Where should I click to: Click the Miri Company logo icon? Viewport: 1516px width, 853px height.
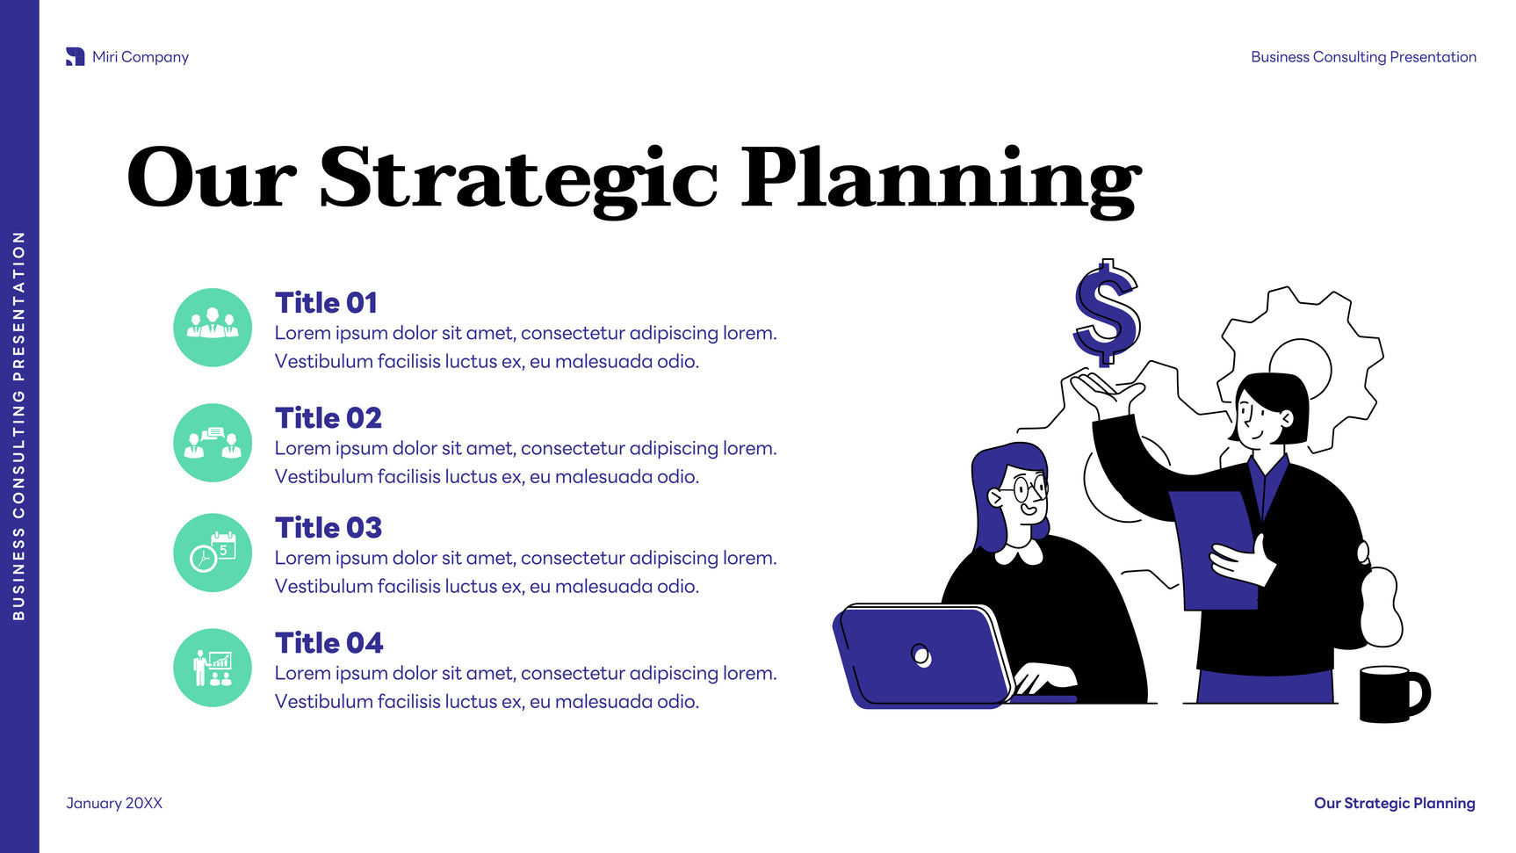[x=76, y=57]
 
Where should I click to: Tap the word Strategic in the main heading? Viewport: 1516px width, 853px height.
[x=518, y=180]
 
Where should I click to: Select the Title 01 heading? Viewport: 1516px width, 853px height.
[x=326, y=303]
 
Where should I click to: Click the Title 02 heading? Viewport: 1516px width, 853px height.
[x=328, y=418]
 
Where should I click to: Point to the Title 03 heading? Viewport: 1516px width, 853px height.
[x=328, y=528]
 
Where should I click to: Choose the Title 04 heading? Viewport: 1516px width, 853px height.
[x=329, y=643]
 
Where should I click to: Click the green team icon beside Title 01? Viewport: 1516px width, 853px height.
[x=213, y=328]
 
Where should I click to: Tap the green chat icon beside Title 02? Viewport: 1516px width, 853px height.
[x=213, y=443]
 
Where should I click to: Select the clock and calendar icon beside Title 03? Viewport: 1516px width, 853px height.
[x=213, y=553]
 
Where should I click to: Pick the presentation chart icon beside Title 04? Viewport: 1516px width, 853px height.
[x=213, y=668]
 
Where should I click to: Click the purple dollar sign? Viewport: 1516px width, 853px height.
[x=1107, y=312]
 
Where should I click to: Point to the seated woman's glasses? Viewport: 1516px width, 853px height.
[x=1029, y=487]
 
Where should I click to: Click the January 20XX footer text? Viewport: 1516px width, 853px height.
[x=114, y=803]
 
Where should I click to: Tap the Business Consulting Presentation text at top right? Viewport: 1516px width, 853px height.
[x=1363, y=57]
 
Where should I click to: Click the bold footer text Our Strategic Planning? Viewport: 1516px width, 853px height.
[x=1395, y=803]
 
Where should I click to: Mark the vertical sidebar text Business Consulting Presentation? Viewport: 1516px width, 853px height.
[x=18, y=426]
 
